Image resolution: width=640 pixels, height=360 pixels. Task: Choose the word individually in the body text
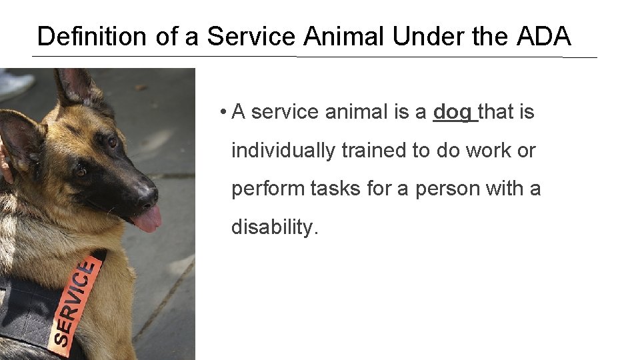tap(283, 151)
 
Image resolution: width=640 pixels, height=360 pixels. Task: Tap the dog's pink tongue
tap(148, 219)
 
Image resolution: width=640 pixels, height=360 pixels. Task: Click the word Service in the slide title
tap(251, 36)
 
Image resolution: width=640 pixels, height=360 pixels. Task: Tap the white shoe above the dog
tap(15, 83)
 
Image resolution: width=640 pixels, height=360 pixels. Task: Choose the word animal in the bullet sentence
tap(355, 113)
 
